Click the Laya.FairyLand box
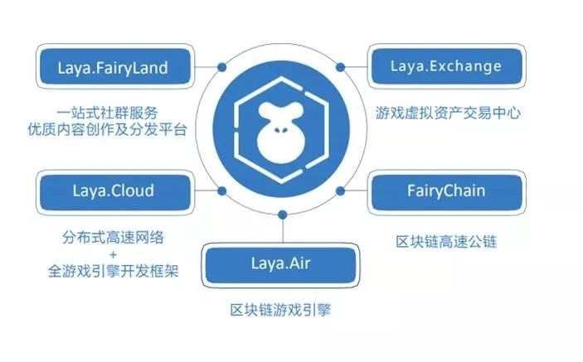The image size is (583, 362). pyautogui.click(x=115, y=69)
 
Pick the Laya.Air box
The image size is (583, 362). pyautogui.click(x=282, y=264)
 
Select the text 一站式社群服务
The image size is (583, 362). pyautogui.click(x=117, y=109)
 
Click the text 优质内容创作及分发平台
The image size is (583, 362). pyautogui.click(x=117, y=129)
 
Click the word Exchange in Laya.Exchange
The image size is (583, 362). pyautogui.click(x=474, y=66)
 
